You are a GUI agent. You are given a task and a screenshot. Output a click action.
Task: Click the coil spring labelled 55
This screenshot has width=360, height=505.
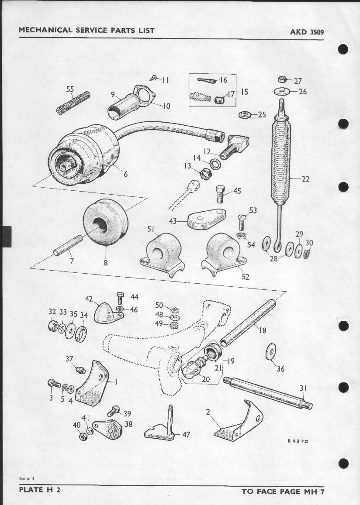pyautogui.click(x=73, y=103)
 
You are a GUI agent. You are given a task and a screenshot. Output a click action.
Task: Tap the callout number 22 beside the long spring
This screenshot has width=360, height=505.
pyautogui.click(x=305, y=179)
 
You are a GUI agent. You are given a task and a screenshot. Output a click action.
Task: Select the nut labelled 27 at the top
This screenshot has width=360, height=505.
pyautogui.click(x=282, y=79)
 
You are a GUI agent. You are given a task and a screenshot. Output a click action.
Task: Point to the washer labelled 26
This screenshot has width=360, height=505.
pyautogui.click(x=281, y=92)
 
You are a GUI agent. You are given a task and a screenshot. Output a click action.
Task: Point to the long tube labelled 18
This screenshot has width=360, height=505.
pyautogui.click(x=248, y=323)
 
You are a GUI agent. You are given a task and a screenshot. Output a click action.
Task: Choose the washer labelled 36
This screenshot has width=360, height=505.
pyautogui.click(x=271, y=352)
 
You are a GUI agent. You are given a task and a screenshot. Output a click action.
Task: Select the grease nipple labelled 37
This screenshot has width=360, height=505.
pyautogui.click(x=80, y=370)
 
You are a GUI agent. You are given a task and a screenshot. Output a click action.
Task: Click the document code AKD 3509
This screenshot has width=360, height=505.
pyautogui.click(x=307, y=32)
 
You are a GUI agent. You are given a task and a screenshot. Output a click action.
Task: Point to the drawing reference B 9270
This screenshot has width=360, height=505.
pyautogui.click(x=298, y=441)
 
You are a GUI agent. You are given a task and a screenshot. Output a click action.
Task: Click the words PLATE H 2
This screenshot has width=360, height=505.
pyautogui.click(x=40, y=490)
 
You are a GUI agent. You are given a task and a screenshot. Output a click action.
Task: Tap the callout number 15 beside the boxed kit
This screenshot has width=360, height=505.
pyautogui.click(x=245, y=92)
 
